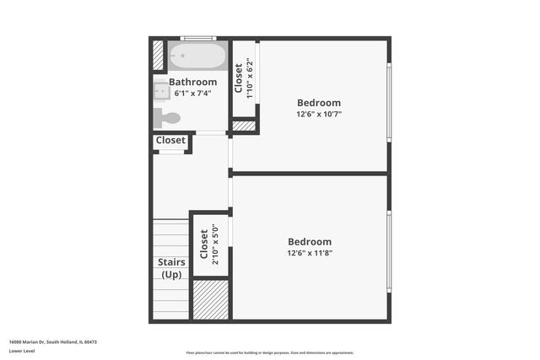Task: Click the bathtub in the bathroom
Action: point(197,56)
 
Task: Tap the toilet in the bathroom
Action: point(166,117)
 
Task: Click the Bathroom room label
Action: point(192,82)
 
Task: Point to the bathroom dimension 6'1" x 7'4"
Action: point(192,94)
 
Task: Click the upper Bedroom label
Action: point(318,102)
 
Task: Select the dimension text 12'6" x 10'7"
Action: point(318,114)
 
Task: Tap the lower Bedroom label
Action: point(309,241)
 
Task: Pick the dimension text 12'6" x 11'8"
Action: point(309,253)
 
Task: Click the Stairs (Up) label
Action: point(171,268)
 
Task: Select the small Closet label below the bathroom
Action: point(170,140)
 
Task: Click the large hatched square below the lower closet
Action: point(211,299)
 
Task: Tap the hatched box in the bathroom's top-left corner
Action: point(158,55)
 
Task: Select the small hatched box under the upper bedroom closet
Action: point(244,126)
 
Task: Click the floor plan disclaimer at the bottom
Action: point(269,352)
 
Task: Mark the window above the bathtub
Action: point(197,38)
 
